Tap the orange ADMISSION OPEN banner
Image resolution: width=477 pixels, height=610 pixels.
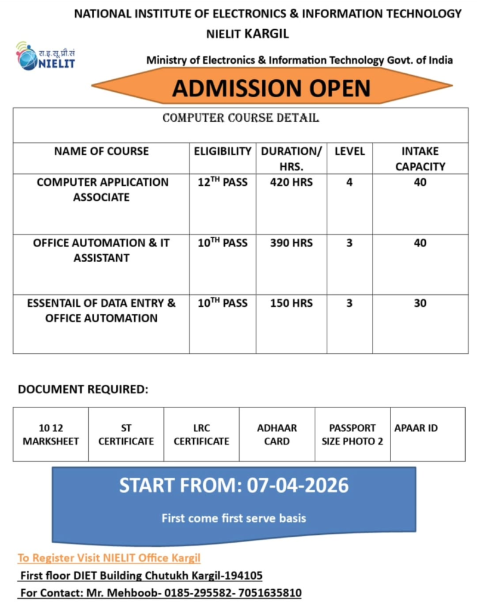(271, 88)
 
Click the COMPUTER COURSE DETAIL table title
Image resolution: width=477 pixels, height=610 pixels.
(240, 119)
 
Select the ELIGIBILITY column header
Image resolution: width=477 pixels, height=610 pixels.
(222, 151)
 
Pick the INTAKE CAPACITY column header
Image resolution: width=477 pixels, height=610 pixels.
(420, 159)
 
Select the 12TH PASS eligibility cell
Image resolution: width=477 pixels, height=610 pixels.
(222, 182)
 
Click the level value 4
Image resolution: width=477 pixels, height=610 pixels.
(349, 182)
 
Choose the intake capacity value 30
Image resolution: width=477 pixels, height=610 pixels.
(420, 303)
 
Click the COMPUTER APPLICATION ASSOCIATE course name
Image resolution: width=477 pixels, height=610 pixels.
(102, 189)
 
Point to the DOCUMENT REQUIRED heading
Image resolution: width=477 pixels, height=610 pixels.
(82, 390)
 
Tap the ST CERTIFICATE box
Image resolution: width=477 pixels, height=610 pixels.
(126, 434)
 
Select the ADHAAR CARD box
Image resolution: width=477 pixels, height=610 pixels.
(277, 434)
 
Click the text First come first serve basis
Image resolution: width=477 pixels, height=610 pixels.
(234, 518)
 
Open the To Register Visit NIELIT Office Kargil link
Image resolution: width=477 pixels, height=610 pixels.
(109, 558)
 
